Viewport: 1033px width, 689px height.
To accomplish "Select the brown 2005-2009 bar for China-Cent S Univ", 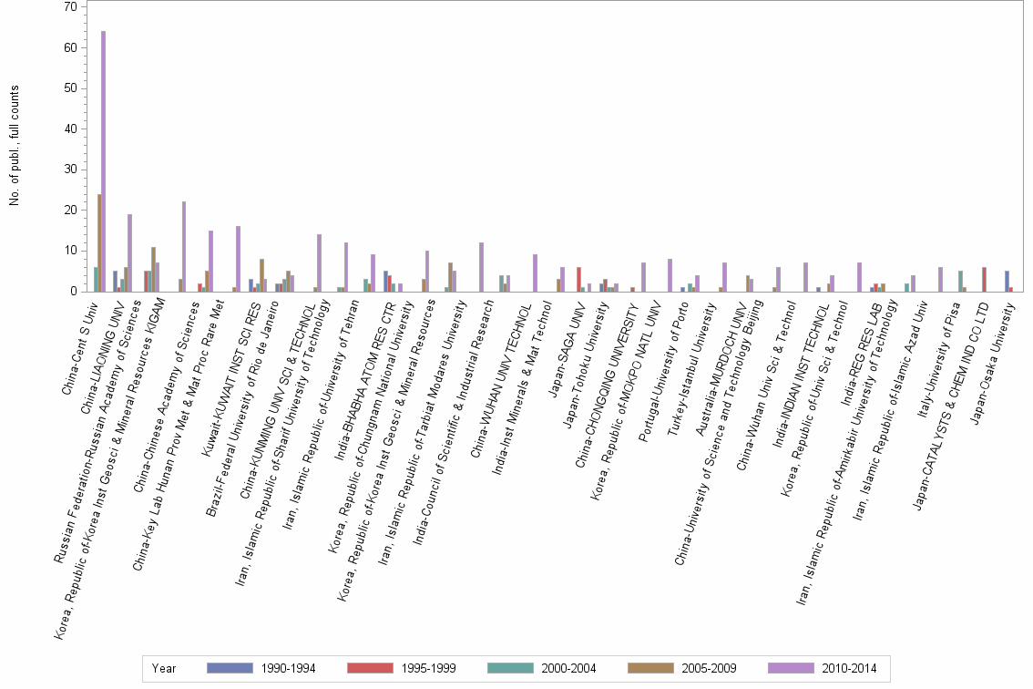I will tap(99, 242).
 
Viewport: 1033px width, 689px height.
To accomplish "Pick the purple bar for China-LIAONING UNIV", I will tap(129, 252).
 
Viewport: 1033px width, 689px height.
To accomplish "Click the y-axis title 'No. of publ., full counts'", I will tap(15, 146).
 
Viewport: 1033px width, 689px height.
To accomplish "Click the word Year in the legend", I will tap(164, 668).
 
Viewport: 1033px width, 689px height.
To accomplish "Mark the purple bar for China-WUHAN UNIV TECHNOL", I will tap(535, 273).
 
